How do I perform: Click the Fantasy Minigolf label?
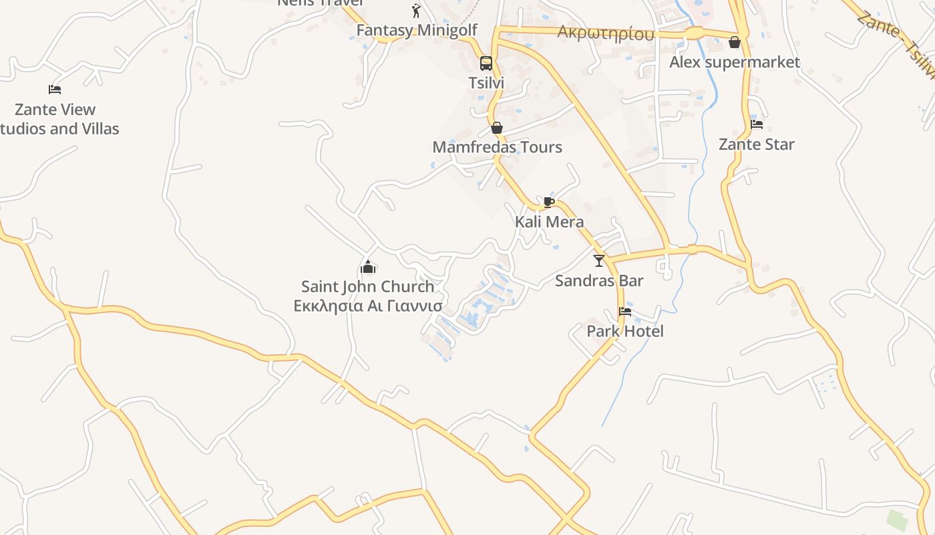(417, 30)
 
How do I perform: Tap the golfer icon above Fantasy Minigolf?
(417, 10)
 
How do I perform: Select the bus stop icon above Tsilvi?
(486, 64)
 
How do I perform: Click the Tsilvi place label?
(486, 83)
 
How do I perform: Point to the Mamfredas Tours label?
(497, 147)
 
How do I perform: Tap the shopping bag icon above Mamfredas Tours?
(497, 128)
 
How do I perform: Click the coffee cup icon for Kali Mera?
(549, 202)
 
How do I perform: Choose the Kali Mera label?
(549, 221)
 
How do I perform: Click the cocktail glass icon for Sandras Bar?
(599, 260)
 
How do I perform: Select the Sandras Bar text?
(599, 280)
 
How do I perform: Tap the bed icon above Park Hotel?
(625, 311)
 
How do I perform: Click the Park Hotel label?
(625, 331)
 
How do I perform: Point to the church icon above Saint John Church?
(368, 267)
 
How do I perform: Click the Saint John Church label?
(368, 286)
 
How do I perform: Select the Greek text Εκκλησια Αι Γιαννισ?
(368, 306)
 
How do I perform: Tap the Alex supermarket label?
(735, 62)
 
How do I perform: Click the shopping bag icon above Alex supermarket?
(735, 42)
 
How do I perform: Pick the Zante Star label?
(757, 144)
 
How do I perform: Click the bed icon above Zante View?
(55, 89)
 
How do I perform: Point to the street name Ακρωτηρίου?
(605, 33)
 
